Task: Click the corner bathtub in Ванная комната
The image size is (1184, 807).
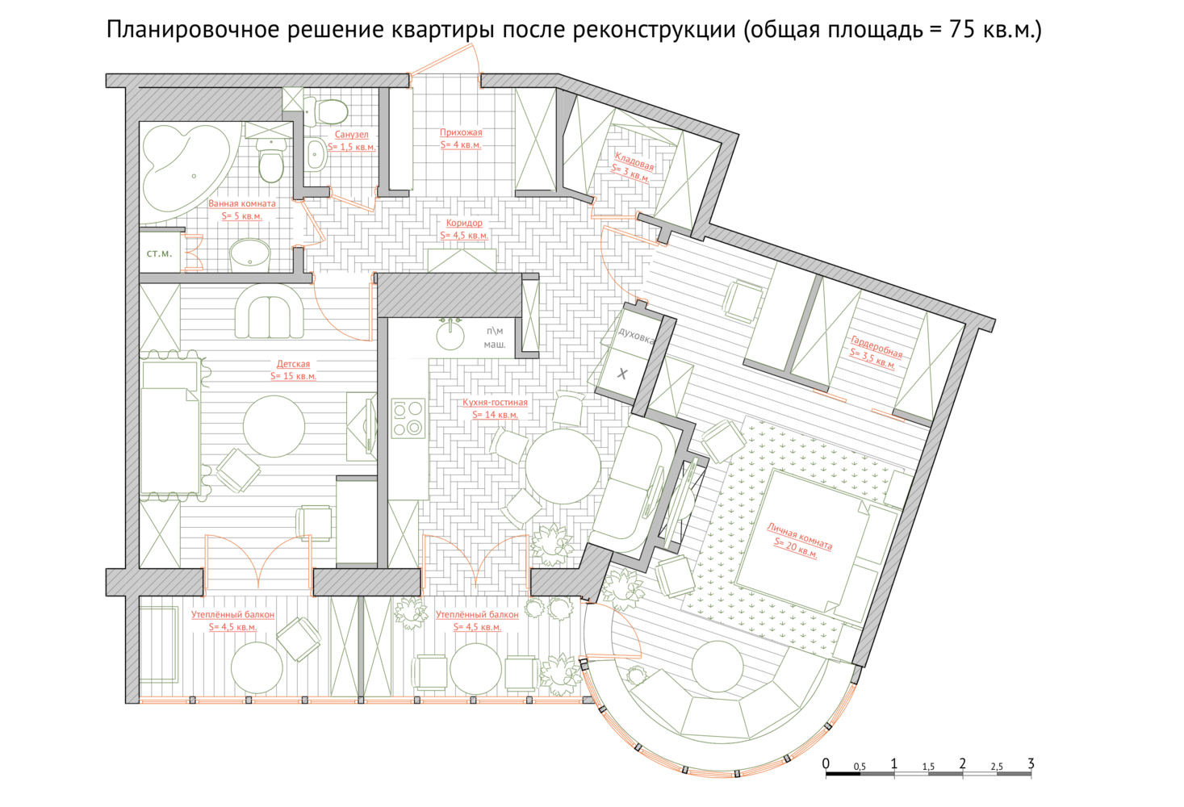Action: coord(185,169)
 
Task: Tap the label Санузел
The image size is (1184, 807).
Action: coord(352,135)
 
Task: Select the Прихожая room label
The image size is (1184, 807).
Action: coord(461,132)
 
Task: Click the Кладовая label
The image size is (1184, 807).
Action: coord(634,161)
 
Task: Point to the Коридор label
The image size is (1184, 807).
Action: coord(464,223)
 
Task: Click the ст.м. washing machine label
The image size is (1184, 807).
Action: coord(159,253)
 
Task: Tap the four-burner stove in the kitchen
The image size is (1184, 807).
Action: coord(408,418)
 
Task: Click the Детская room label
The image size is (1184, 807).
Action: coord(293,364)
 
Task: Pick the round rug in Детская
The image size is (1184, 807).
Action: coord(274,426)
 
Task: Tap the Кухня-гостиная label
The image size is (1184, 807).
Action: coord(495,403)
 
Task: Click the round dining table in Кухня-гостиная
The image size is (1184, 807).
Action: coord(563,466)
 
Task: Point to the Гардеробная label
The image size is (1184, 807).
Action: coord(876,347)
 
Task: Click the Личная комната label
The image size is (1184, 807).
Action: coord(799,536)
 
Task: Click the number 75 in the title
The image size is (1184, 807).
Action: coord(962,30)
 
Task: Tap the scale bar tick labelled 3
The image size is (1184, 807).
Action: coord(1031,763)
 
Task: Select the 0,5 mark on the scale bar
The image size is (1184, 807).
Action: coord(860,767)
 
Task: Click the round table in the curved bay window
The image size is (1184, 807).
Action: coord(718,667)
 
